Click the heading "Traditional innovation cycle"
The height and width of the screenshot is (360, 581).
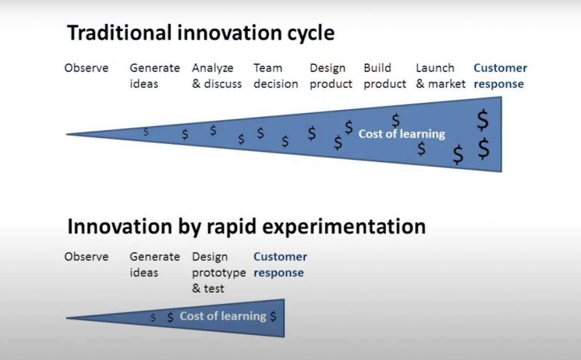(201, 34)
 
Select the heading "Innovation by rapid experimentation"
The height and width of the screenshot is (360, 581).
(246, 227)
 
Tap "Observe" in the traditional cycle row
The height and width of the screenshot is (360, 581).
(86, 68)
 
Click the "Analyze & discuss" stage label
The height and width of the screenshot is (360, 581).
(217, 76)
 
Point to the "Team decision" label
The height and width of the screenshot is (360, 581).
(276, 76)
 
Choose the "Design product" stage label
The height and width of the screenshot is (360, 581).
(331, 76)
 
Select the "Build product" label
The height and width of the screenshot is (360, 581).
(385, 76)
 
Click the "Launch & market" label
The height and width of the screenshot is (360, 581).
(440, 76)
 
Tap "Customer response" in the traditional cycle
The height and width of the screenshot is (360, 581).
(500, 76)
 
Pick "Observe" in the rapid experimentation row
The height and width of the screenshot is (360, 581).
(86, 257)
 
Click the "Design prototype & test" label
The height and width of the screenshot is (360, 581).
(218, 273)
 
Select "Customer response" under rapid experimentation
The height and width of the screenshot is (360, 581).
(280, 265)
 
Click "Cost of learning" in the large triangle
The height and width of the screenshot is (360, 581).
(402, 134)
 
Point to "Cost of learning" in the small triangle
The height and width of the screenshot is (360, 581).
(223, 316)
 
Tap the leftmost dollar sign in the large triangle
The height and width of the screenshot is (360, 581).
(146, 132)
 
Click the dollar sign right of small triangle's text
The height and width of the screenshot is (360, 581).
(273, 317)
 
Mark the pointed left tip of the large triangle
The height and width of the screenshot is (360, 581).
(66, 134)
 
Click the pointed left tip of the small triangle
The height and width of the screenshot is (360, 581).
(66, 318)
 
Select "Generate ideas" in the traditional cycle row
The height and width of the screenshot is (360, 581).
(154, 76)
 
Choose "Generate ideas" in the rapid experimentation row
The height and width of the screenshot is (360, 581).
(154, 265)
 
